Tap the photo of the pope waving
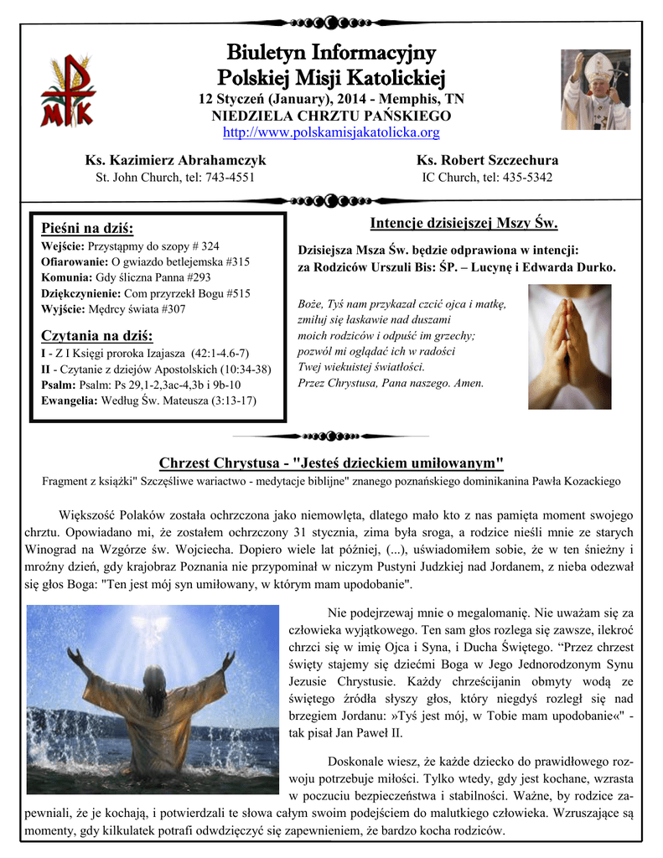click(x=595, y=90)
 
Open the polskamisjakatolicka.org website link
click(x=331, y=132)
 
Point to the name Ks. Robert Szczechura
click(x=487, y=160)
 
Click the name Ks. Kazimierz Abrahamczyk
click(x=176, y=160)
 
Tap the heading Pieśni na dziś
click(x=87, y=229)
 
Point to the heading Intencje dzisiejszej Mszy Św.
click(x=464, y=223)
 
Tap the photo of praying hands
click(x=569, y=346)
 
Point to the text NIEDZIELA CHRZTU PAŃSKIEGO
click(x=331, y=116)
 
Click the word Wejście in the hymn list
click(x=62, y=246)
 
